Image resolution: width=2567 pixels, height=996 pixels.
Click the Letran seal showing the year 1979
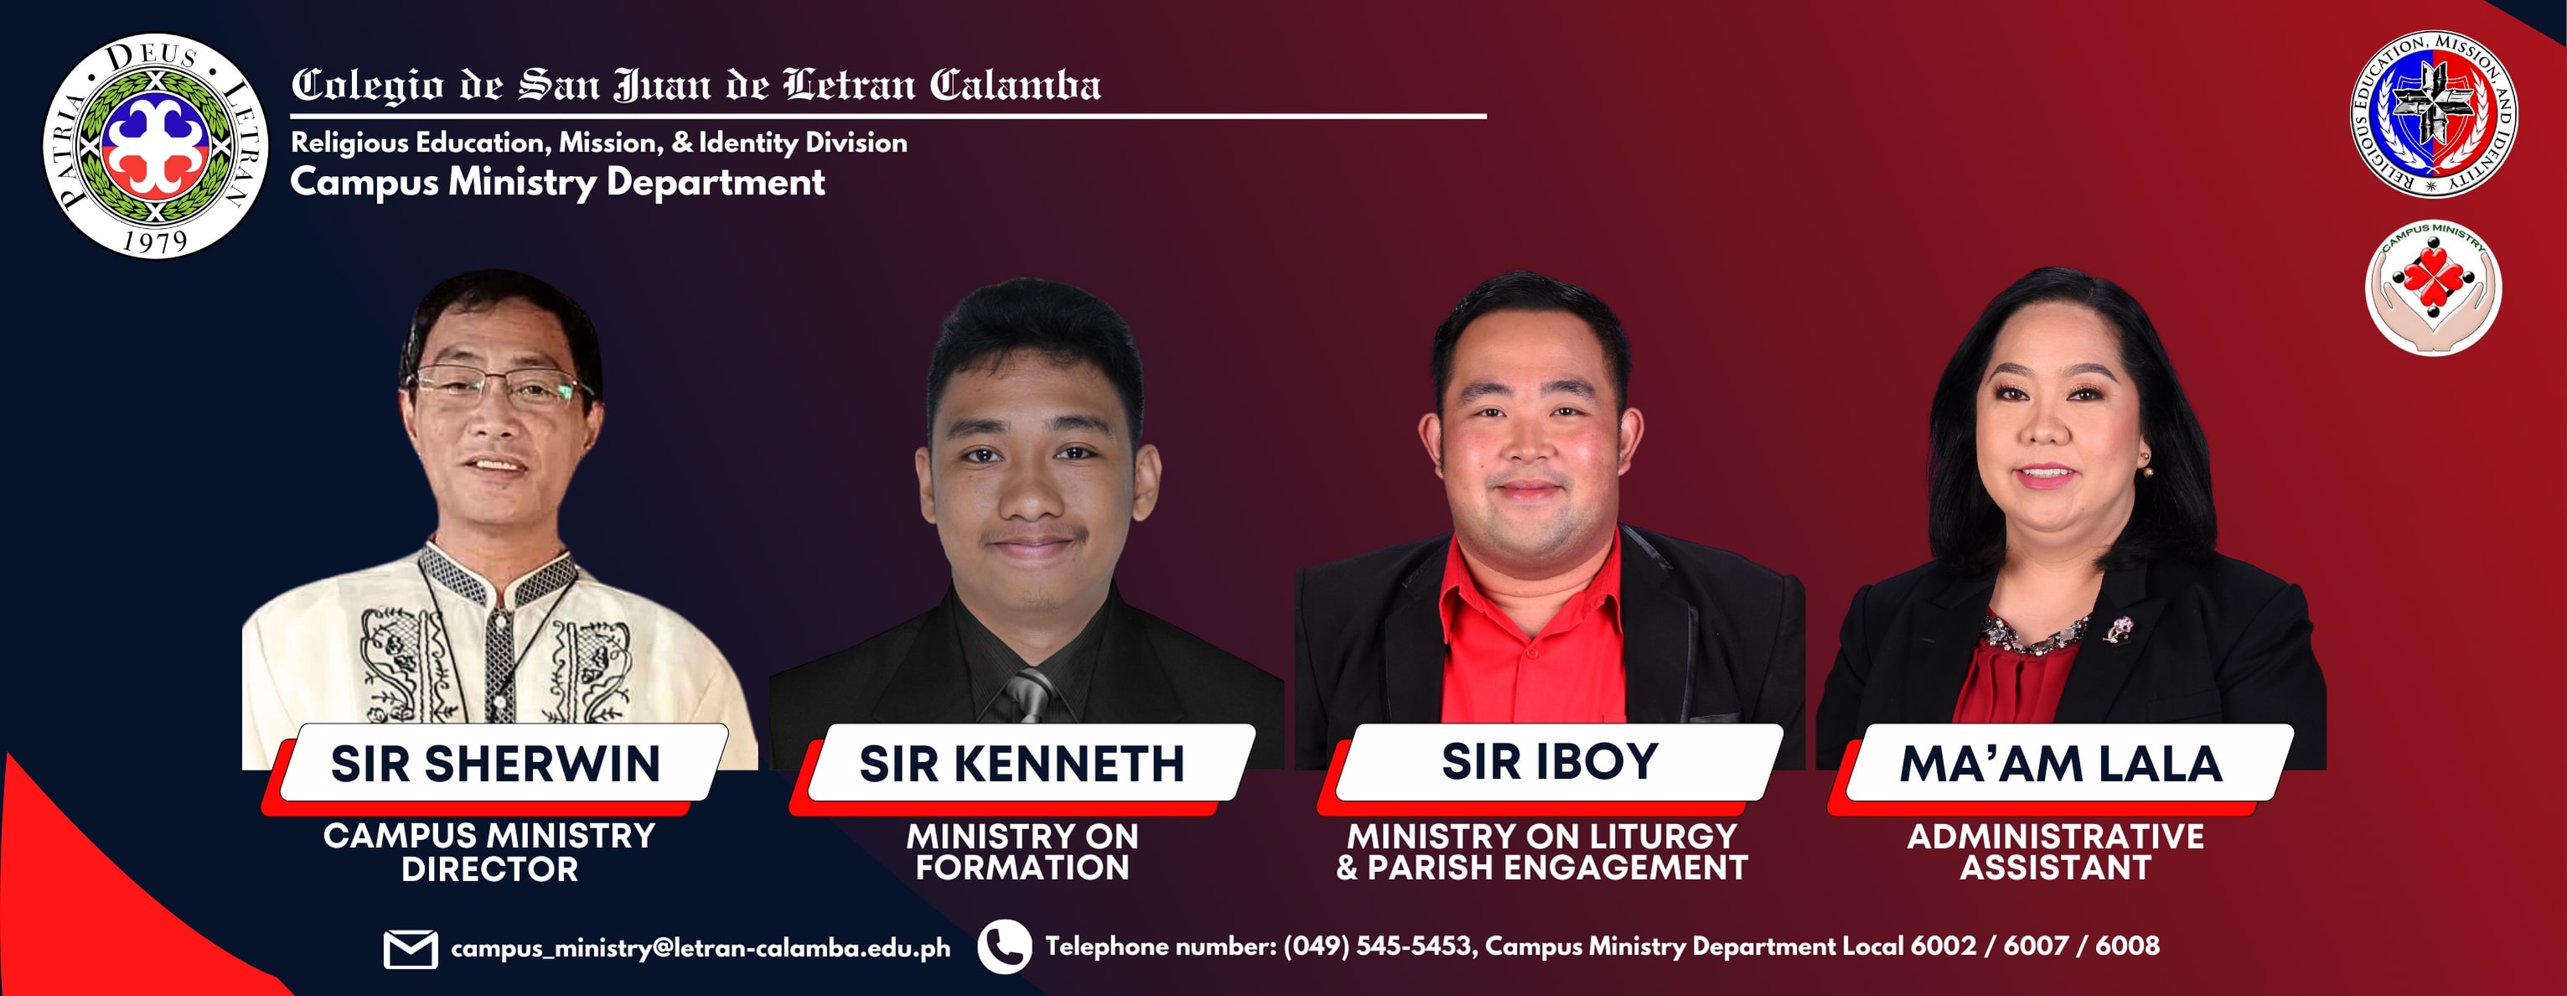pos(155,147)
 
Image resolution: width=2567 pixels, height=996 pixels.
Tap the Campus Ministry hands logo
pos(2434,287)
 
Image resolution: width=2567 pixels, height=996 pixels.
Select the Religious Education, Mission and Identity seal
pos(2434,114)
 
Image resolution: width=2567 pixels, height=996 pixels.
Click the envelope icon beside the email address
pos(411,948)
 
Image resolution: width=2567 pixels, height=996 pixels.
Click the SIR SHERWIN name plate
pos(495,764)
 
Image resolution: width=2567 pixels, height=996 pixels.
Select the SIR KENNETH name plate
pos(1022,764)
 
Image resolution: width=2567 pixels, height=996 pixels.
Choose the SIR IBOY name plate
pos(1550,763)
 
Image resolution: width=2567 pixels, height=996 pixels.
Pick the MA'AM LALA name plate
pos(2061,764)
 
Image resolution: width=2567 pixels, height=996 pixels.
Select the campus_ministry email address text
pos(701,947)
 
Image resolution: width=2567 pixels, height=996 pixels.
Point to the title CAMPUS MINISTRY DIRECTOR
pos(489,853)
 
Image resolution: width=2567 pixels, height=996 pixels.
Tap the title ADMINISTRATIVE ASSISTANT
pos(2056,853)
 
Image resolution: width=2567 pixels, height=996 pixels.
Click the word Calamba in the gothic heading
pos(1016,85)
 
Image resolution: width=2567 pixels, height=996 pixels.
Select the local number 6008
pos(2128,945)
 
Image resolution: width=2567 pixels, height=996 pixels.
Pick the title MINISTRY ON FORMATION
pos(1022,853)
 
